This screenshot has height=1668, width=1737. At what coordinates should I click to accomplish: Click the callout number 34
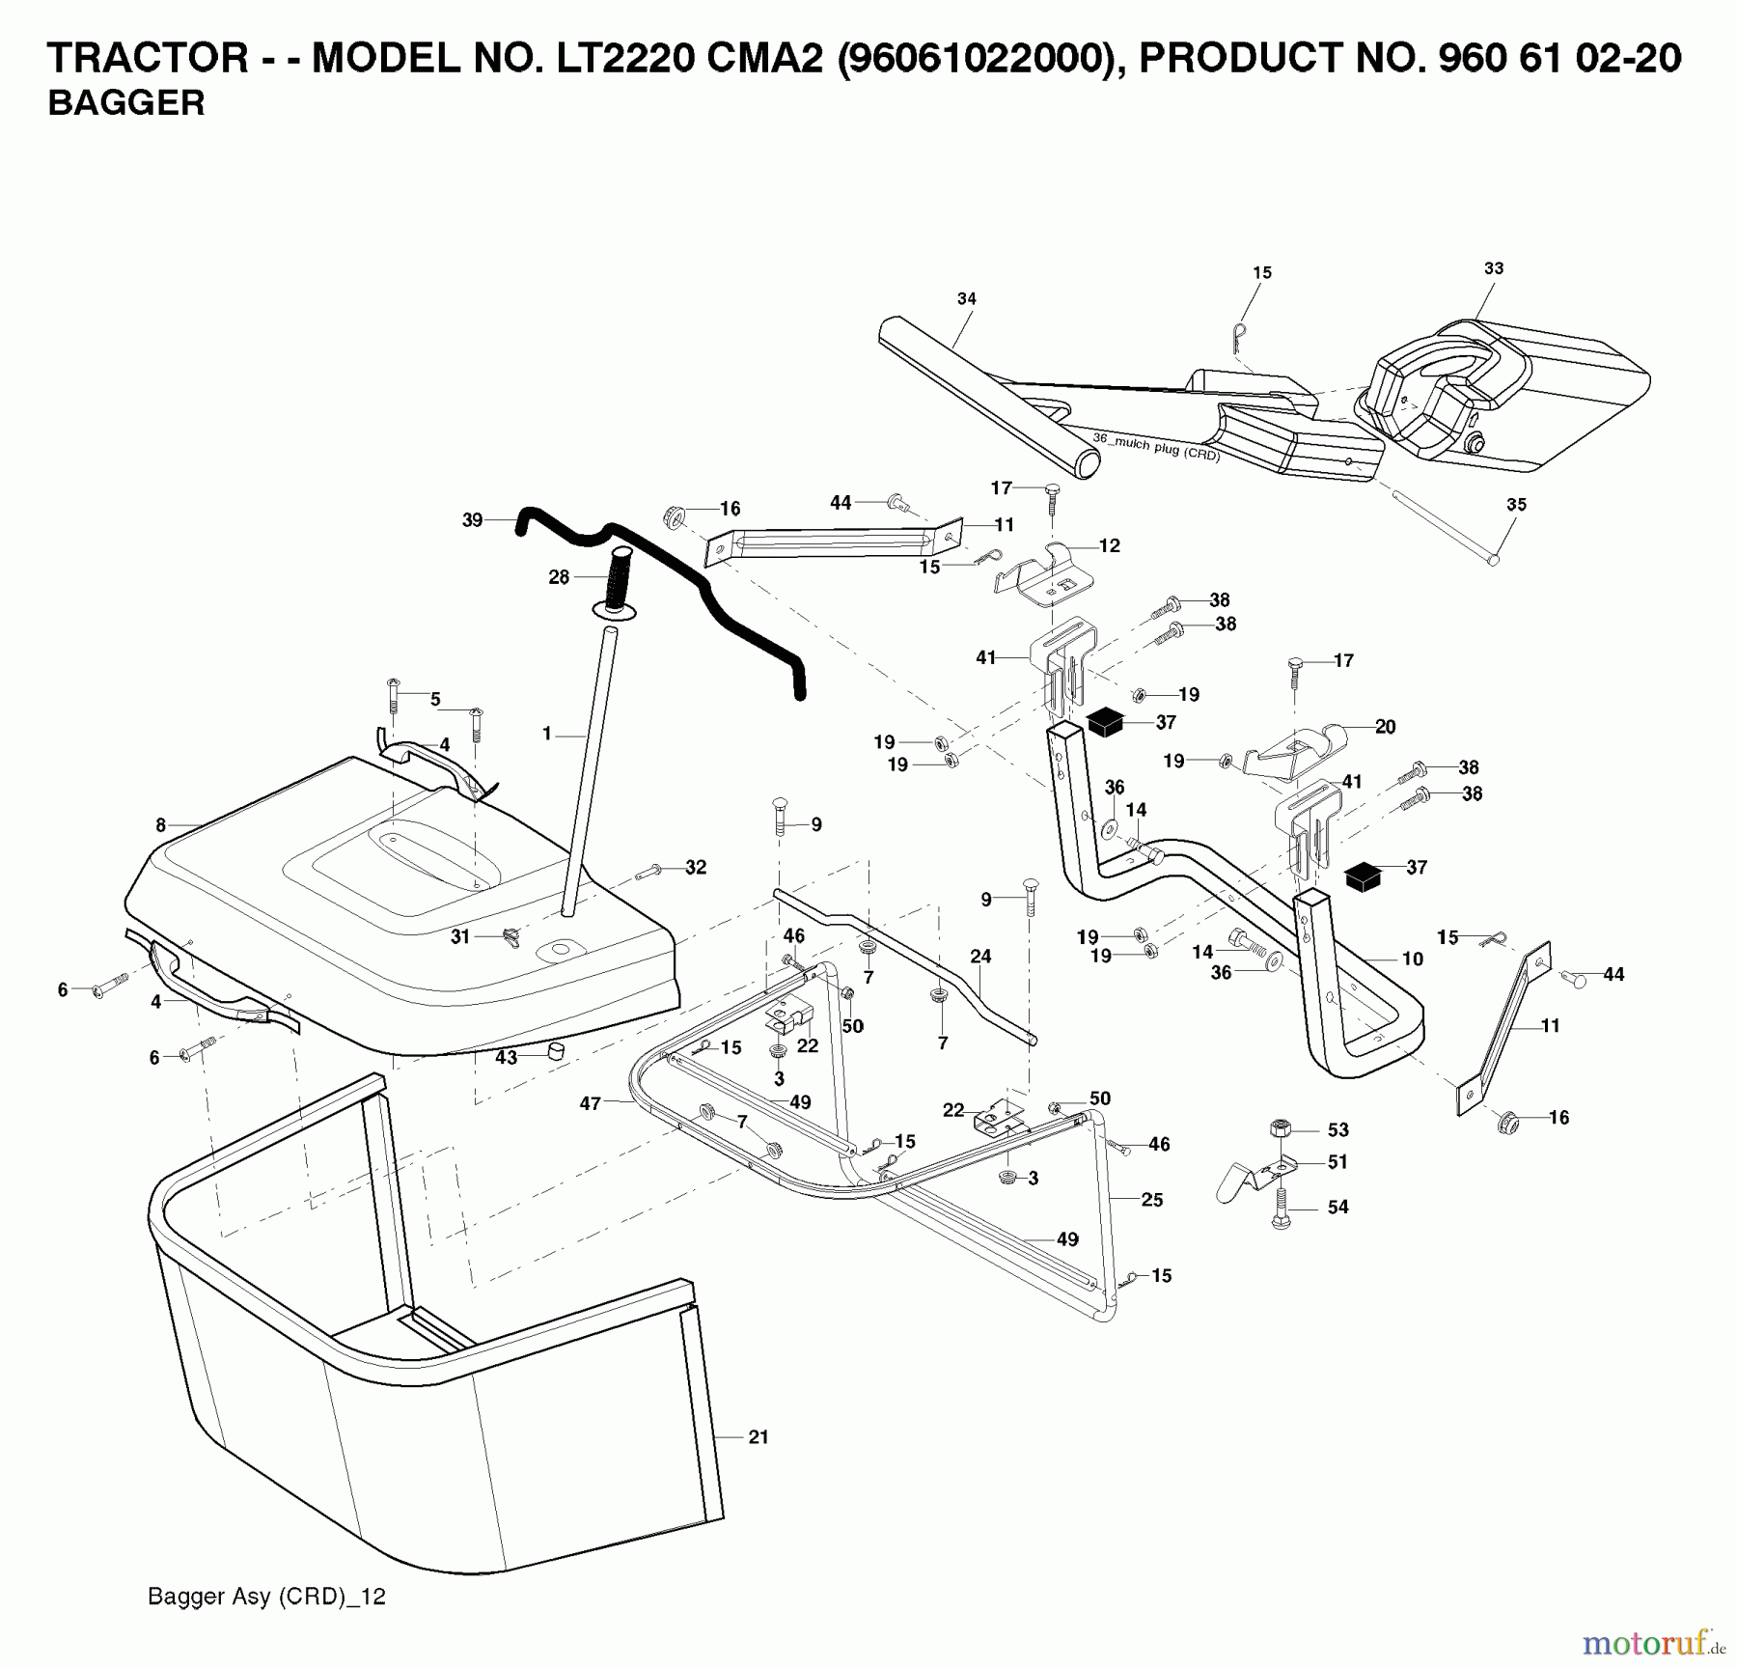966,299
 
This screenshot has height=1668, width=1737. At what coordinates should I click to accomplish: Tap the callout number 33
1494,268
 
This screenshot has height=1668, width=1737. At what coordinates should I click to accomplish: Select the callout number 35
1516,504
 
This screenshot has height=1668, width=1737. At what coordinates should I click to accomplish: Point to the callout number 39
472,520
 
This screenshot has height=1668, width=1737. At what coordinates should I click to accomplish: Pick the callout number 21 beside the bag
758,1437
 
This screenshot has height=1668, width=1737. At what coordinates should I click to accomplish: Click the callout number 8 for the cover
161,825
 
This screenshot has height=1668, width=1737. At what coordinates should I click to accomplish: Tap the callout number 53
1337,1129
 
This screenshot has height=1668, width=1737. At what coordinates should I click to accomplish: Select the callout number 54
1337,1207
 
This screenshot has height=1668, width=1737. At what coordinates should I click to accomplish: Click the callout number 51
1337,1162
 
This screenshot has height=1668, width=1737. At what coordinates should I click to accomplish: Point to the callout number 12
1110,545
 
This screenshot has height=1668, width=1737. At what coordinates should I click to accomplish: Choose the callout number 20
1385,727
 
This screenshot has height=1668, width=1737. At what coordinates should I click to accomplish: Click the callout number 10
1413,959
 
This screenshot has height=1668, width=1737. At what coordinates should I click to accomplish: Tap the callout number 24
980,957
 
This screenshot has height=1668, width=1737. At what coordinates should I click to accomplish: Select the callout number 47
591,1103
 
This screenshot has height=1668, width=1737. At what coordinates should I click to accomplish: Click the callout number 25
1152,1200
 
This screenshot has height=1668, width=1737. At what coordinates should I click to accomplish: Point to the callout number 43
507,1057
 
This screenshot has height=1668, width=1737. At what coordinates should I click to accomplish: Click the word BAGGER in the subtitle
126,103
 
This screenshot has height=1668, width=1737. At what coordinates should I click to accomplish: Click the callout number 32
696,867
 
